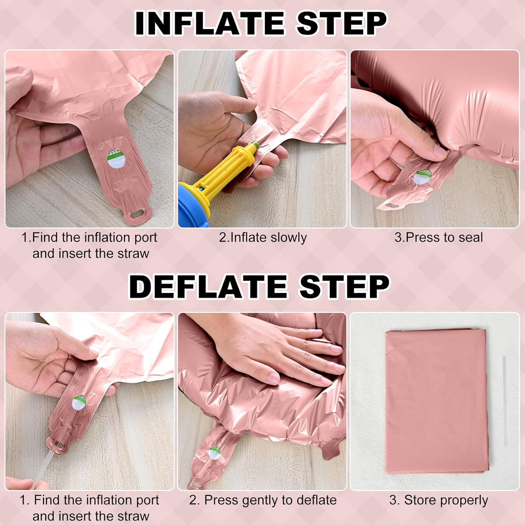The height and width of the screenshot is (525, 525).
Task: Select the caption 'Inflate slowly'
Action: pos(263,237)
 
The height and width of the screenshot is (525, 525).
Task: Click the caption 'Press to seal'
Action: pos(439,237)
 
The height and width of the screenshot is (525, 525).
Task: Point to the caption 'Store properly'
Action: pos(439,500)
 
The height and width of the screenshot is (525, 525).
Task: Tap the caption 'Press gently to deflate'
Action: pos(263,500)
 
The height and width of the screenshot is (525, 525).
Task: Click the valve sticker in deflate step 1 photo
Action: pos(79,402)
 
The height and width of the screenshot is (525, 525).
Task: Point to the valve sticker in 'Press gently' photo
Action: pos(214,453)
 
